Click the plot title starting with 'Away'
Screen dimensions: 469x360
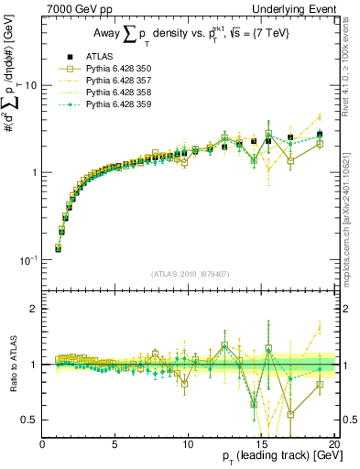click(187, 34)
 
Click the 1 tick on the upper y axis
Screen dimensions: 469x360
click(34, 173)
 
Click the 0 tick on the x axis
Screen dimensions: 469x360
click(42, 445)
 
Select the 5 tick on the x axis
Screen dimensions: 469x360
click(115, 445)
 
